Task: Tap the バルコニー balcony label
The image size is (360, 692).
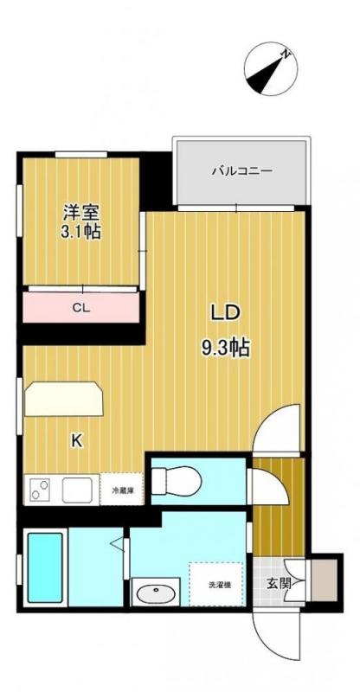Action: (x=242, y=171)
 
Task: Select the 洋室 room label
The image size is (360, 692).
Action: (x=80, y=212)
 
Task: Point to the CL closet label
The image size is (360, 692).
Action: (x=80, y=308)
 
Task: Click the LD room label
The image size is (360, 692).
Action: (x=225, y=313)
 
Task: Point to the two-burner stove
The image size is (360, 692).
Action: (x=41, y=490)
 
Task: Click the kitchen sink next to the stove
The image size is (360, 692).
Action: (x=76, y=490)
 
